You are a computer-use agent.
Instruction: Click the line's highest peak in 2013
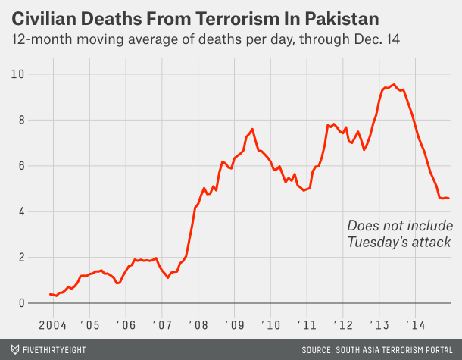(393, 84)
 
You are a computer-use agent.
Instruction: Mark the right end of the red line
(449, 199)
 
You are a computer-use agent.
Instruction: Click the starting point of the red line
(50, 294)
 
